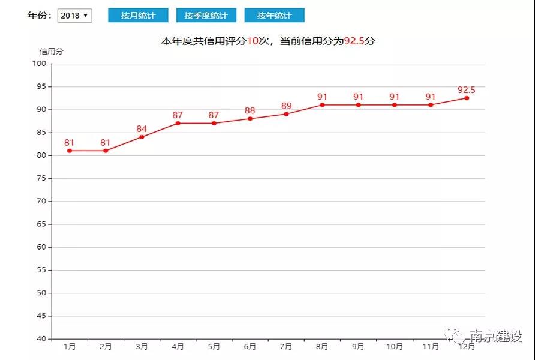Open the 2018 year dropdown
(74, 16)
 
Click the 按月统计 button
(138, 16)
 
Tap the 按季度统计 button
(206, 16)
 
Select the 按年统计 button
(274, 16)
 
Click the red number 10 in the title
(253, 41)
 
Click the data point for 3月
(142, 137)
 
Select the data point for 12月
(467, 98)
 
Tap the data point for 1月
(70, 151)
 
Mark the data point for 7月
(286, 114)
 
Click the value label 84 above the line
(142, 128)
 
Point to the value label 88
(250, 110)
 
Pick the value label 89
(286, 106)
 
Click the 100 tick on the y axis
(40, 64)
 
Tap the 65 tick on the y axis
(41, 224)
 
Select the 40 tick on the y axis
(41, 338)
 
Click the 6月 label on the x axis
(250, 347)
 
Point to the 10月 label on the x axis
(394, 347)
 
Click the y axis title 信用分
(51, 52)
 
